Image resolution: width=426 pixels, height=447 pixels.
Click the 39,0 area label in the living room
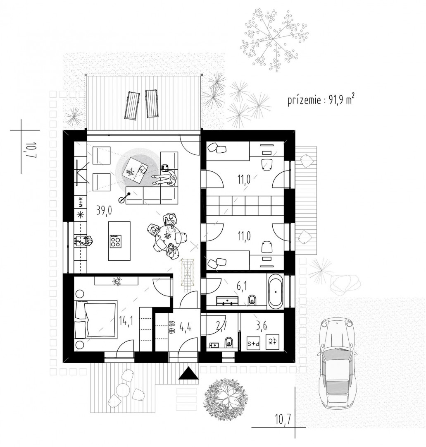(x=104, y=211)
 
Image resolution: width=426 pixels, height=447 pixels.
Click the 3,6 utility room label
(x=262, y=326)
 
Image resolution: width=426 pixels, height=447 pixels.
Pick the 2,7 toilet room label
(x=221, y=326)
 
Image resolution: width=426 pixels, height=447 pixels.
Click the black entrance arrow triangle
(x=188, y=373)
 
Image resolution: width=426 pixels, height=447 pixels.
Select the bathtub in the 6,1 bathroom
(x=275, y=291)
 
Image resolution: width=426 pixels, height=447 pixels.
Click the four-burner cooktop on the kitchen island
(x=116, y=241)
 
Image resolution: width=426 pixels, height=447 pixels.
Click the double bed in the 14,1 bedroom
(x=96, y=319)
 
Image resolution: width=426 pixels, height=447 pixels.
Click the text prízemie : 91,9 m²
(x=321, y=100)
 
